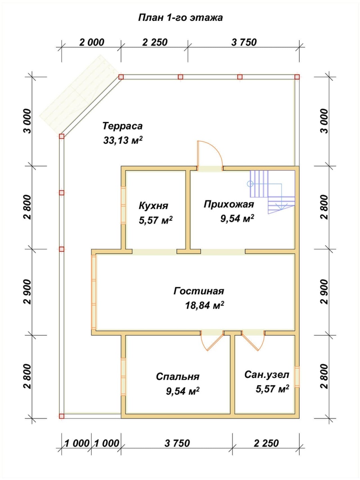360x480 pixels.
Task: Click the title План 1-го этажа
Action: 180,18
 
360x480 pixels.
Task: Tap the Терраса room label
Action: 122,126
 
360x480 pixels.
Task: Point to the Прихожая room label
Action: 229,204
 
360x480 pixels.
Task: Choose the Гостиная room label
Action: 198,291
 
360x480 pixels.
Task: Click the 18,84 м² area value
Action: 204,306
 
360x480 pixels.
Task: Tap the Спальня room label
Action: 178,376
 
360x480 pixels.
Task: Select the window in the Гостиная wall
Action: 94,292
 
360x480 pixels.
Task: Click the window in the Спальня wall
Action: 124,376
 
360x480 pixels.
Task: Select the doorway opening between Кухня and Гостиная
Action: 154,252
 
